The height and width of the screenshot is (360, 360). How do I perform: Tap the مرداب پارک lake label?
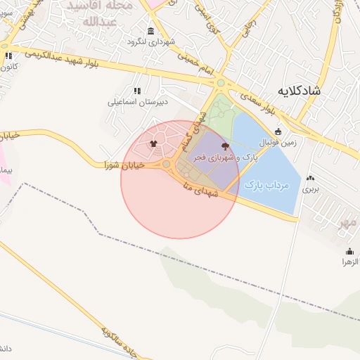click(x=268, y=185)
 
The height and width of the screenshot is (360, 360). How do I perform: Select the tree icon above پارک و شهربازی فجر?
click(x=225, y=146)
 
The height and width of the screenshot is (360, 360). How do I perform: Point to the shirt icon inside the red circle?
click(x=153, y=144)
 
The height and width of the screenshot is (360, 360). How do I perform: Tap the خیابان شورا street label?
click(x=124, y=165)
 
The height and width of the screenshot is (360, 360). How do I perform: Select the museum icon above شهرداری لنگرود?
click(x=151, y=31)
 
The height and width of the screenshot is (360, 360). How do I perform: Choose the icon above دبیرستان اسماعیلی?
click(x=136, y=91)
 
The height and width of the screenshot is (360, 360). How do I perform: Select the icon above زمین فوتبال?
click(x=278, y=131)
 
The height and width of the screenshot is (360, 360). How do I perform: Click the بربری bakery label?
click(x=310, y=189)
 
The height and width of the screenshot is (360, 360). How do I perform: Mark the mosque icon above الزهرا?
click(x=350, y=251)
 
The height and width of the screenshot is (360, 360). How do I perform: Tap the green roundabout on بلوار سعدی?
click(x=221, y=84)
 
